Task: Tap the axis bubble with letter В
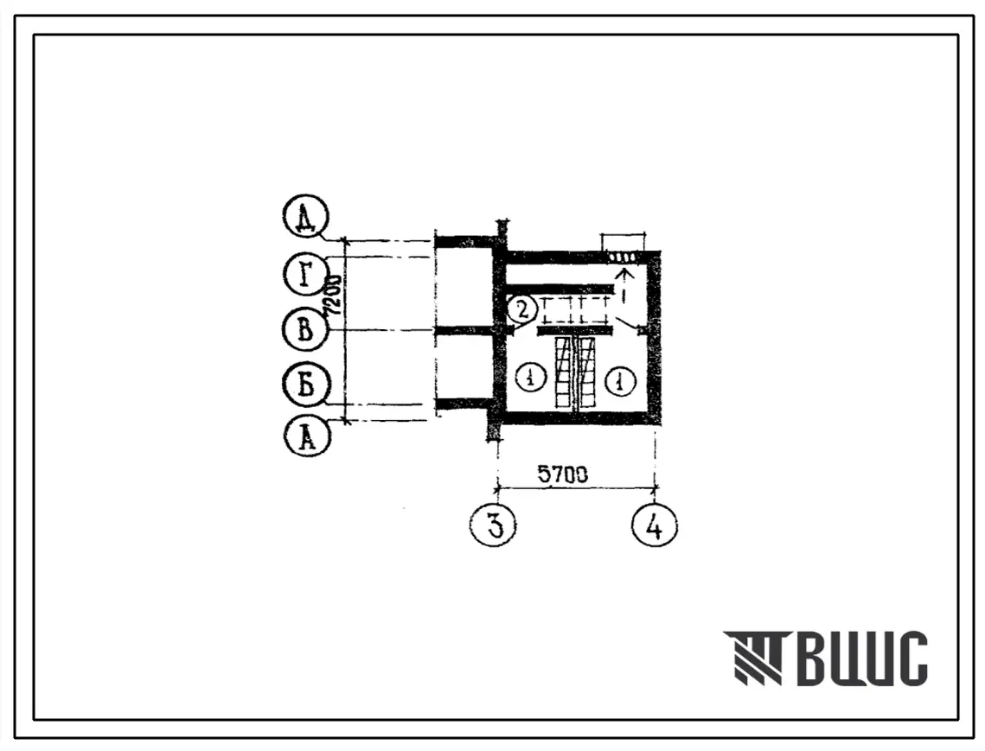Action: point(305,329)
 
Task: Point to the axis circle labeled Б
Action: point(306,385)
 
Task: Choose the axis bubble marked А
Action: point(307,437)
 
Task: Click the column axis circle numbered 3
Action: point(494,526)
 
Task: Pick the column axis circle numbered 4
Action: point(655,526)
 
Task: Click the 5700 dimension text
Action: point(563,475)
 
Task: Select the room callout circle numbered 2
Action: point(522,309)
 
